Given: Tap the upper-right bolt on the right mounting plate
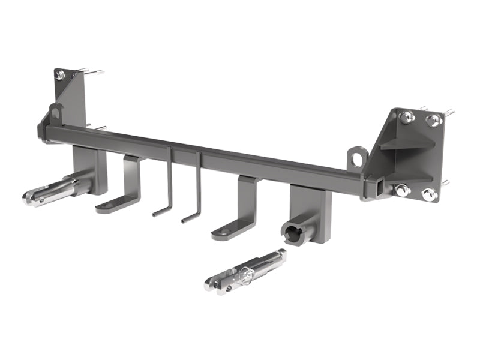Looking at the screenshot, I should (434, 121).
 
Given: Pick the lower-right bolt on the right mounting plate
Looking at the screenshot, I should (429, 194).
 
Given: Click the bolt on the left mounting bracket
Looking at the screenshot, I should (61, 76).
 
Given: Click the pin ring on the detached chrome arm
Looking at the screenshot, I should (245, 275).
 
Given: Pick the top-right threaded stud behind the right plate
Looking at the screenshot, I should (448, 112).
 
